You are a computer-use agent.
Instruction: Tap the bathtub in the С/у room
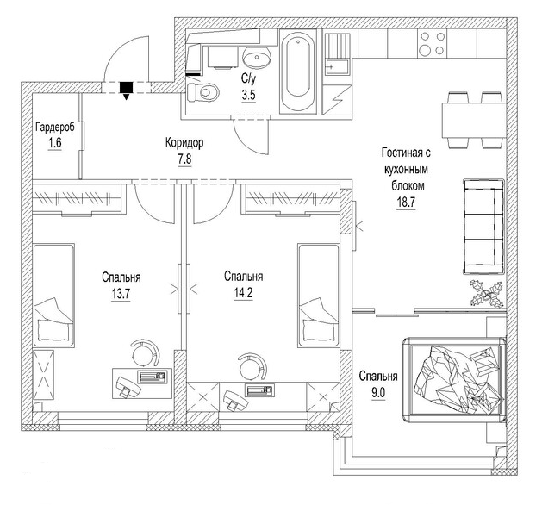pos(297,72)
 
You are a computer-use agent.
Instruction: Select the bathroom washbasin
pos(257,57)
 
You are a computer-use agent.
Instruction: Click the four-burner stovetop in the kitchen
pos(432,44)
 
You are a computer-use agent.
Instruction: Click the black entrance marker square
pos(126,87)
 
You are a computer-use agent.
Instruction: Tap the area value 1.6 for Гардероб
pos(55,142)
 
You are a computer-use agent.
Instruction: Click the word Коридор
pos(184,143)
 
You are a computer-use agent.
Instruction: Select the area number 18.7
pos(406,203)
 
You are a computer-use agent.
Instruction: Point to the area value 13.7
pos(121,294)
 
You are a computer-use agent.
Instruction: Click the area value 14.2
pos(243,293)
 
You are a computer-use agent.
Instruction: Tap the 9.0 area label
pos(378,393)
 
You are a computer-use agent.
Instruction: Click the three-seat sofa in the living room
pos(483,227)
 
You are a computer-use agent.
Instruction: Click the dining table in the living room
pos(472,120)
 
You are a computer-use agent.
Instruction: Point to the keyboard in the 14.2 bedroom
pos(260,390)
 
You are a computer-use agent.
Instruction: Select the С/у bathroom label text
pos(248,78)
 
